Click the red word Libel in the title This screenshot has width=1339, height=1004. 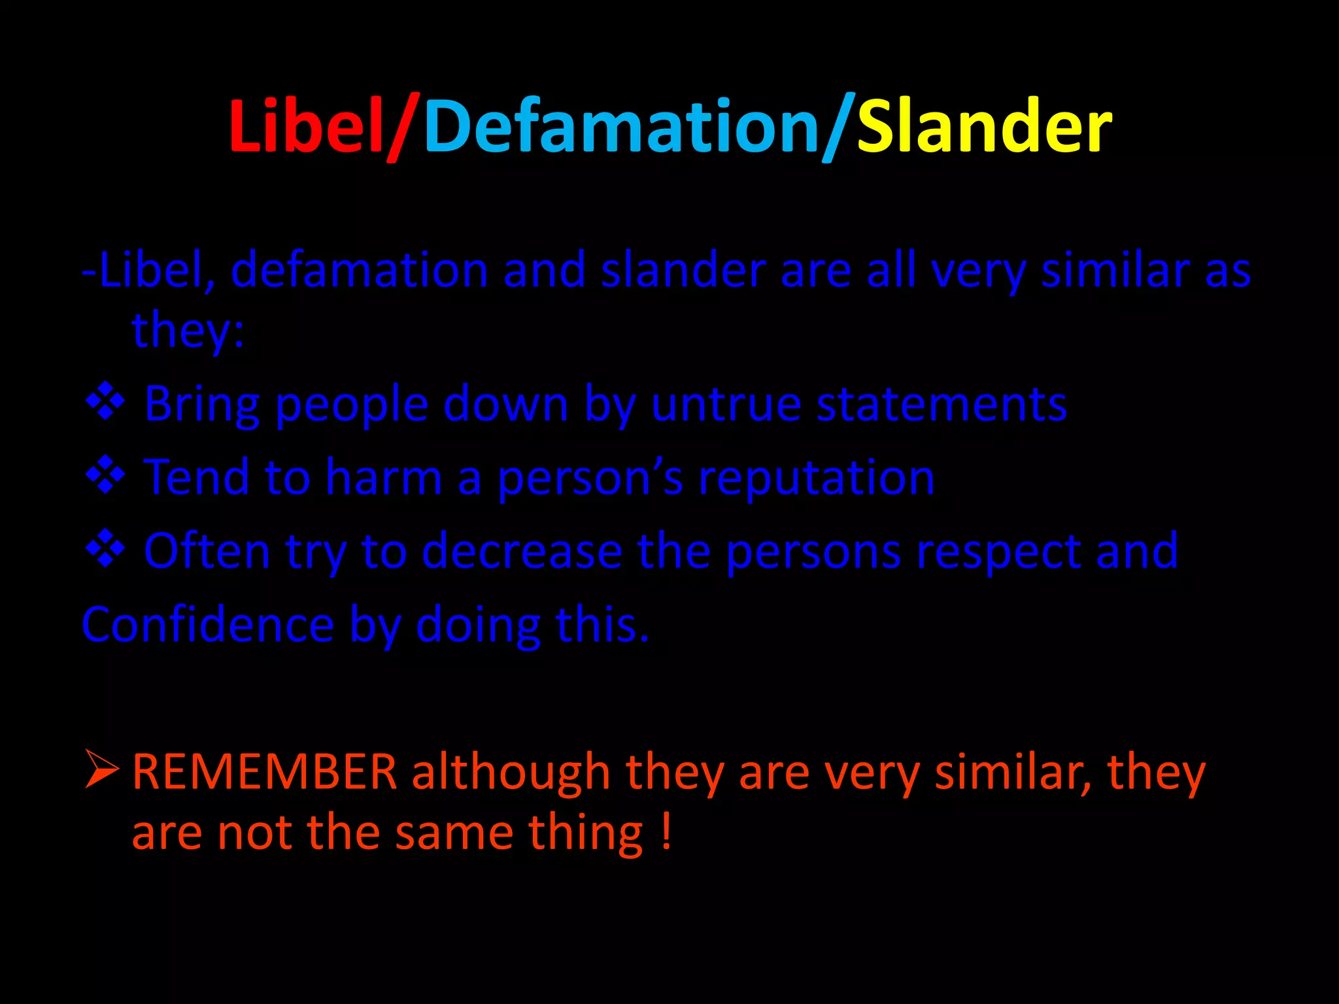pos(306,125)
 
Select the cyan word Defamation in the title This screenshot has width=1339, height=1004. pos(621,125)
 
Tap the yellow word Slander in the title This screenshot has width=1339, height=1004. pos(984,125)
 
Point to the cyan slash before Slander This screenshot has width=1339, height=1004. pos(838,127)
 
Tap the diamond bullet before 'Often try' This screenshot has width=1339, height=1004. pos(105,548)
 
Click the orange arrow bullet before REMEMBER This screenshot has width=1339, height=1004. pos(101,769)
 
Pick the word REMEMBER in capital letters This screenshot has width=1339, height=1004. pos(265,772)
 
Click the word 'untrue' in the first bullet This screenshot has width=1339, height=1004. pos(726,405)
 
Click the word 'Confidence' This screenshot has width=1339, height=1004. pos(208,625)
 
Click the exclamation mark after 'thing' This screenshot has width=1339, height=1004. pos(666,831)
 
